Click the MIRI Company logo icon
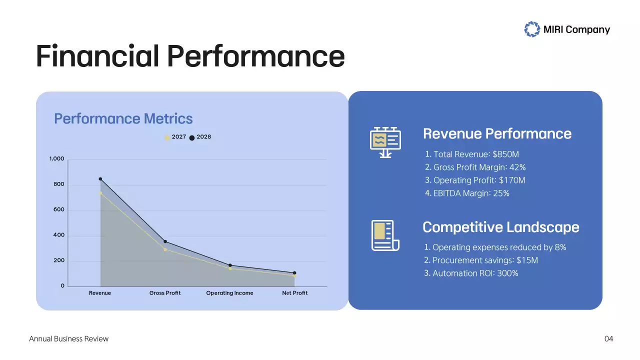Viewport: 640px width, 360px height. click(x=532, y=29)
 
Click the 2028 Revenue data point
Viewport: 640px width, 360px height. click(x=100, y=179)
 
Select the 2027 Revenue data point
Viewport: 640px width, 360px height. click(x=100, y=193)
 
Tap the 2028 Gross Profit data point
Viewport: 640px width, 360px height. click(x=165, y=241)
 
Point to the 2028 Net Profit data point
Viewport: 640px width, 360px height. click(x=294, y=273)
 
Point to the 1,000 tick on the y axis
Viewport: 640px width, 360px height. click(x=57, y=159)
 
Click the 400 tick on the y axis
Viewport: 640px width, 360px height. click(x=59, y=235)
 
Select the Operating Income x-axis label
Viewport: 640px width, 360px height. click(x=229, y=293)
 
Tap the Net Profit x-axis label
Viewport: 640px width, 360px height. click(x=294, y=293)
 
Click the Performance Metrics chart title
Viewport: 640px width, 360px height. click(x=123, y=118)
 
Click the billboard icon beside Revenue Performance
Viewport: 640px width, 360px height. click(x=385, y=141)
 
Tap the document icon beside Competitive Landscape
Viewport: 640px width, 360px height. click(x=384, y=235)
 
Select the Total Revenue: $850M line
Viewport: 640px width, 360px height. click(x=472, y=154)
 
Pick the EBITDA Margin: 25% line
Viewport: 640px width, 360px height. click(x=467, y=193)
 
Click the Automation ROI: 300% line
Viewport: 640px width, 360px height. click(x=471, y=273)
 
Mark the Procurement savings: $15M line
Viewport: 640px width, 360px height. click(x=480, y=260)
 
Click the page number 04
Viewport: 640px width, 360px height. click(x=608, y=339)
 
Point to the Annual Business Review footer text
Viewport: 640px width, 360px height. click(x=68, y=339)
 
